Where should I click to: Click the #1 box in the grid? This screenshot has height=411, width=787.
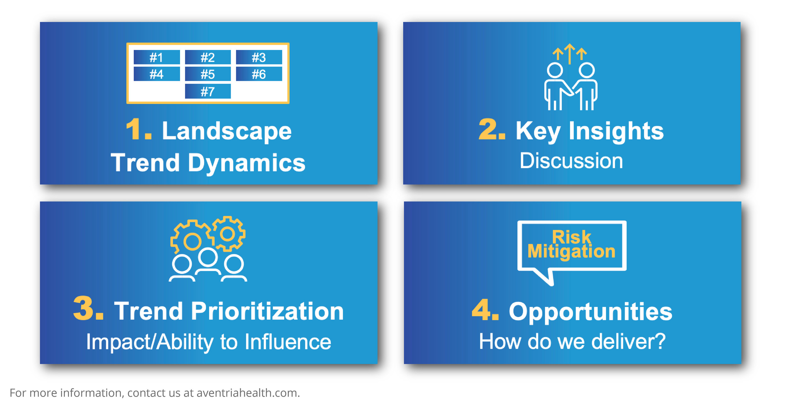click(156, 57)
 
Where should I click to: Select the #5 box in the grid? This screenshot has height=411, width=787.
click(208, 74)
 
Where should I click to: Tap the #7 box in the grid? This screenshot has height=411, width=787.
click(208, 92)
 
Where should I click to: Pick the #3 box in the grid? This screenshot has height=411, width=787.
click(259, 57)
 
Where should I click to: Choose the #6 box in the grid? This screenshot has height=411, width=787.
click(259, 74)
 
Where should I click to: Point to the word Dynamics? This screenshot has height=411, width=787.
click(246, 163)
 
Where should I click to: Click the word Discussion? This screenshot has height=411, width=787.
click(571, 161)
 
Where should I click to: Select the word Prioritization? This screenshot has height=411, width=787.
click(267, 311)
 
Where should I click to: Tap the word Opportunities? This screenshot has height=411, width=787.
click(590, 312)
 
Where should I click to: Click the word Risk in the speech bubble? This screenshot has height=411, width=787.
click(572, 237)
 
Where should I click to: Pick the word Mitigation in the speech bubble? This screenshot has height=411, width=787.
click(571, 251)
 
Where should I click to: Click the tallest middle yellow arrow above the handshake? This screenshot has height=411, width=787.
click(569, 53)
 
